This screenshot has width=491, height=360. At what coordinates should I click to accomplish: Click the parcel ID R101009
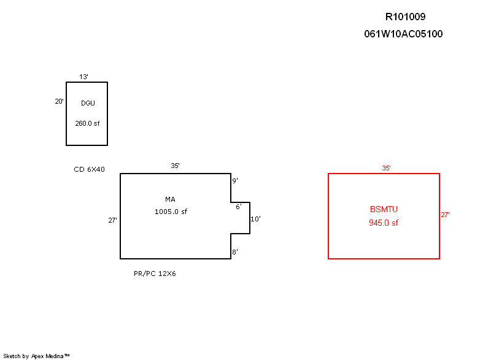tap(404, 17)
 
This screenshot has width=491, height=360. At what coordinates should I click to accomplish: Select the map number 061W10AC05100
tap(403, 34)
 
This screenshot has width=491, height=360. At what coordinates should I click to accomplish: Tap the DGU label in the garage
tap(88, 103)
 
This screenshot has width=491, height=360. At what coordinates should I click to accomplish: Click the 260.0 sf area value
tap(87, 123)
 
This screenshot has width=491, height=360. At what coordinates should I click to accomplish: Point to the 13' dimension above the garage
tap(83, 77)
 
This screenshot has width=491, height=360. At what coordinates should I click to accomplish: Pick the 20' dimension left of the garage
tap(59, 102)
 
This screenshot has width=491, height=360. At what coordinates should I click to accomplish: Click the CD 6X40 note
tap(89, 169)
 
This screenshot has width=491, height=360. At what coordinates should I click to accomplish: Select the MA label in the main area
tap(170, 199)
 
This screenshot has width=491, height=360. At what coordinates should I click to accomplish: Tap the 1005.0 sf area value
tap(171, 212)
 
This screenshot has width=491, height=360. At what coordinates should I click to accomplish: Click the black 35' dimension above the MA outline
tap(175, 166)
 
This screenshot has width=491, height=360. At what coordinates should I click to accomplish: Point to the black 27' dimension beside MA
tap(112, 220)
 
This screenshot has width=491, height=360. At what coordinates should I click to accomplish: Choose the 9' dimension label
tap(234, 181)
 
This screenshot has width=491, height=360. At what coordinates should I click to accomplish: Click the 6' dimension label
tap(239, 207)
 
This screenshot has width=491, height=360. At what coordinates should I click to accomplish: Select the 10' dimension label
tap(255, 219)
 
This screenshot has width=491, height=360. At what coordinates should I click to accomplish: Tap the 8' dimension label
tap(234, 252)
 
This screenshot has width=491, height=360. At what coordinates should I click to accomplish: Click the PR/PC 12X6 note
tap(155, 274)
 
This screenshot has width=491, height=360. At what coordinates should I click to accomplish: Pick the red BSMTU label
tap(384, 210)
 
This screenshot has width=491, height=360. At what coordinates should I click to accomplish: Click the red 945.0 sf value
tap(384, 223)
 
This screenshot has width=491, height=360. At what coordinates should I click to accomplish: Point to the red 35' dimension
tap(386, 167)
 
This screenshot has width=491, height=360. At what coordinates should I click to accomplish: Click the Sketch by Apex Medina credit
tap(36, 356)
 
